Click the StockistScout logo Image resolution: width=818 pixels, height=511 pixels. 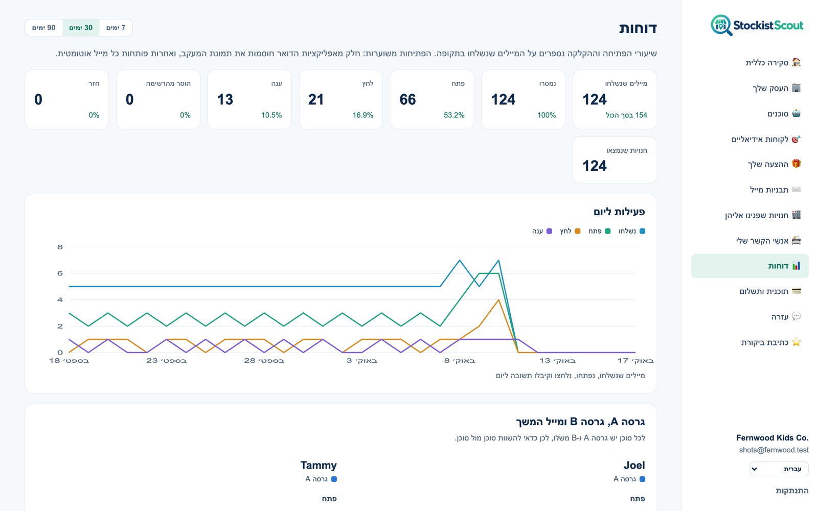click(757, 25)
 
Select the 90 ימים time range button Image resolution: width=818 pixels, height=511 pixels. click(44, 28)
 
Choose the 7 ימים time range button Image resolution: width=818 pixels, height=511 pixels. click(116, 28)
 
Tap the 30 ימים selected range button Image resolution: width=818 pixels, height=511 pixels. click(81, 28)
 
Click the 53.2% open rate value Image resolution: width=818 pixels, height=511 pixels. click(454, 115)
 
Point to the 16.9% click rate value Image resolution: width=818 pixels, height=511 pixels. click(362, 115)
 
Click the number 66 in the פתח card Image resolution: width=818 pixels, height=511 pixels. click(407, 99)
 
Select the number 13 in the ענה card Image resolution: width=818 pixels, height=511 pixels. click(225, 99)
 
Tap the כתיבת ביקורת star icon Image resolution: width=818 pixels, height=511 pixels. click(796, 342)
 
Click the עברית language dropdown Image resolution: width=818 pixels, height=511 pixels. click(779, 469)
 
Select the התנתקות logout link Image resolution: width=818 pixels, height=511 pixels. click(792, 491)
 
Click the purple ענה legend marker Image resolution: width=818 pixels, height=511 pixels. click(549, 231)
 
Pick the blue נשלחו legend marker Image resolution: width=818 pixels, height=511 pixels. click(642, 231)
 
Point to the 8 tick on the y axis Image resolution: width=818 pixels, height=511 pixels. click(60, 247)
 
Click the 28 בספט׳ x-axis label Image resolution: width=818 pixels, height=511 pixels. click(264, 361)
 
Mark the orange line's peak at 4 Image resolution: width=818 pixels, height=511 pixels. click(498, 299)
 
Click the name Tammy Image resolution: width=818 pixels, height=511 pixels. click(319, 466)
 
